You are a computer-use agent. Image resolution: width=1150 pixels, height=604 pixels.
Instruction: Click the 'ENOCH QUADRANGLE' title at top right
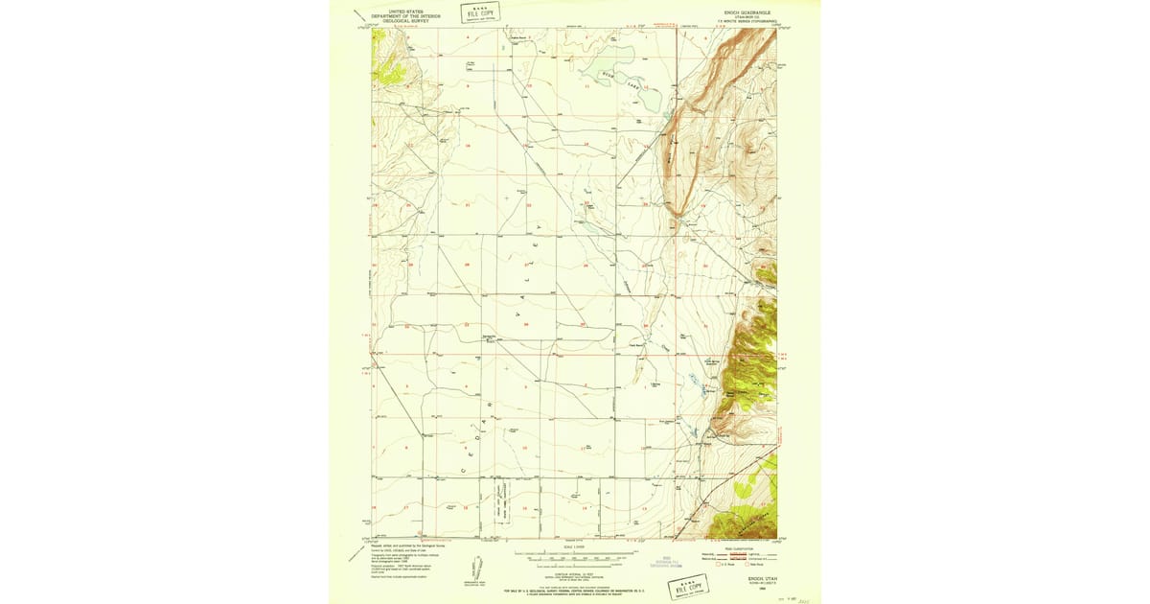click(734, 12)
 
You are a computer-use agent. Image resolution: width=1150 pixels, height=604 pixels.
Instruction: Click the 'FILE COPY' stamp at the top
click(480, 12)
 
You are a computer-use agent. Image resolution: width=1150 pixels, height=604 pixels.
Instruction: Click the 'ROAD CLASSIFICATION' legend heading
click(741, 547)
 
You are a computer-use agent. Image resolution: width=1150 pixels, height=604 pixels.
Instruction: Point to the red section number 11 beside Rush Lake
click(586, 86)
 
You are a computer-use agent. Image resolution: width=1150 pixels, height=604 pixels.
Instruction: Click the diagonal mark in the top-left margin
click(360, 14)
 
